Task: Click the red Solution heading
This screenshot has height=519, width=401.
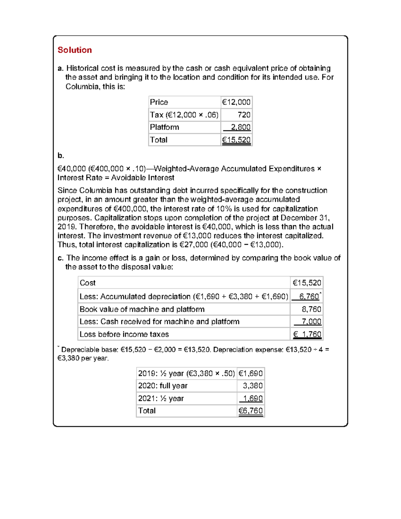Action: click(75, 50)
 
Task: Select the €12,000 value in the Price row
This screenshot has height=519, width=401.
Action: click(236, 102)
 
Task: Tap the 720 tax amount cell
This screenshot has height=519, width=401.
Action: click(244, 115)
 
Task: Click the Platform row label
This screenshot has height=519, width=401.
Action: click(164, 127)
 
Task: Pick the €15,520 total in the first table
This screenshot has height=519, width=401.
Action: click(236, 140)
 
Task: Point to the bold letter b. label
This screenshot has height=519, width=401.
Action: click(60, 156)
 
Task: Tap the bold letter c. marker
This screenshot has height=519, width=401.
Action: click(60, 258)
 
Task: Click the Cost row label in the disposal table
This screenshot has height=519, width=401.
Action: click(88, 283)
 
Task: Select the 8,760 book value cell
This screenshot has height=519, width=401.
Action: click(311, 309)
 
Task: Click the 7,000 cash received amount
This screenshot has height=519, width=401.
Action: click(311, 322)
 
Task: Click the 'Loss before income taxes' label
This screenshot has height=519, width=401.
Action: click(124, 335)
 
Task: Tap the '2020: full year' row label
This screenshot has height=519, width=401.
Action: click(163, 386)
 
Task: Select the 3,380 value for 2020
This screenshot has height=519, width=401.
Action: click(252, 386)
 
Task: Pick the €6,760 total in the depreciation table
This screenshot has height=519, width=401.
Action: click(250, 411)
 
